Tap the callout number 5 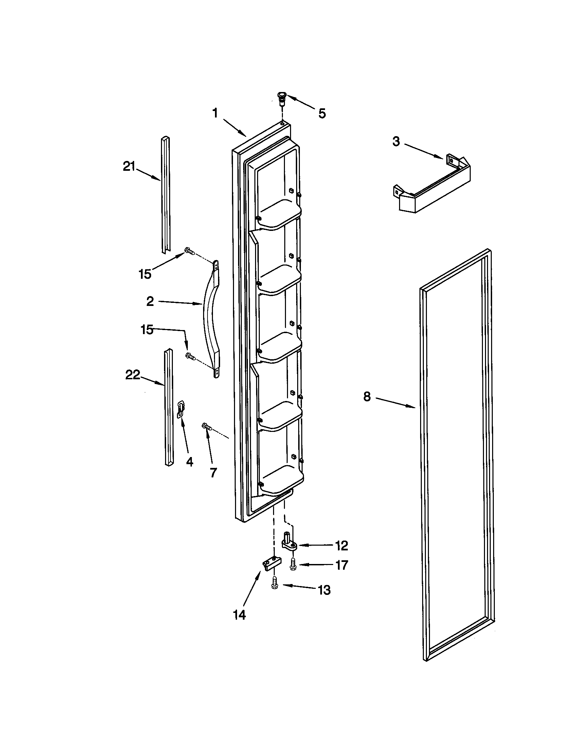pyautogui.click(x=322, y=114)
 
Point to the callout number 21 pyautogui.click(x=129, y=167)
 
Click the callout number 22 pyautogui.click(x=133, y=375)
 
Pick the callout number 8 pyautogui.click(x=367, y=397)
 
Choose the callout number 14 pyautogui.click(x=239, y=615)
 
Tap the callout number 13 pyautogui.click(x=324, y=590)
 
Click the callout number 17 pyautogui.click(x=341, y=565)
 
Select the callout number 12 pyautogui.click(x=341, y=545)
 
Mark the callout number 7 pyautogui.click(x=213, y=473)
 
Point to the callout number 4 pyautogui.click(x=190, y=462)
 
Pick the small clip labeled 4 pyautogui.click(x=181, y=409)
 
